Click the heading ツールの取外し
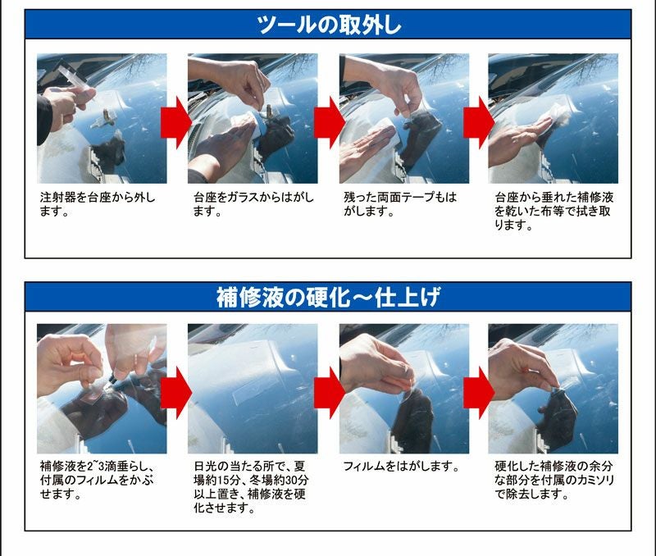pos(329,25)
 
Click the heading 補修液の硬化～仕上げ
pos(328,297)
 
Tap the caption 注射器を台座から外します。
pos(98,204)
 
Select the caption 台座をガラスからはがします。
pos(253,204)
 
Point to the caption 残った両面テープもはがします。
pos(400,204)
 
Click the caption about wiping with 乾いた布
pos(554,211)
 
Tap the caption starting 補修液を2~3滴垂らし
pos(97,480)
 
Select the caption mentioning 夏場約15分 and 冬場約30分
pos(251,487)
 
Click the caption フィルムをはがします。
pos(401,466)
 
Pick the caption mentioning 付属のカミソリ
pos(554,480)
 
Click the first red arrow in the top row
pos(176,122)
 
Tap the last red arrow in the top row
pos(479,122)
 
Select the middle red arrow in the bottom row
pos(330,393)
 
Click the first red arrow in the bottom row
pos(176,393)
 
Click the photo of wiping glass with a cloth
pos(553,118)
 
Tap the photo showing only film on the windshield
pos(253,389)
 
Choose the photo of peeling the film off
pos(404,389)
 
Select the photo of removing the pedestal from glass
pos(253,118)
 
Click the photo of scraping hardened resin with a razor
pos(553,389)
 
